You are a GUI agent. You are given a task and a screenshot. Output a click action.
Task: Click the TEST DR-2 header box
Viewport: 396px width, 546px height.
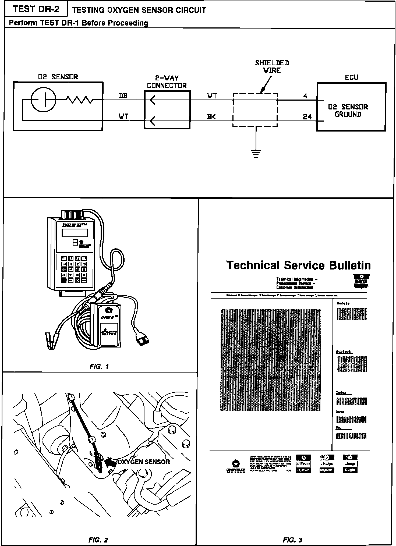tap(36, 9)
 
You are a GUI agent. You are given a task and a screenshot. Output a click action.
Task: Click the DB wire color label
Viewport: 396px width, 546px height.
tap(123, 96)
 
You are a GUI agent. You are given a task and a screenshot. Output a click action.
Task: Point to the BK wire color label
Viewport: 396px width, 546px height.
tap(211, 117)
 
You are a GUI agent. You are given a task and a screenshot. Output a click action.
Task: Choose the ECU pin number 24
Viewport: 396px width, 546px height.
tap(307, 117)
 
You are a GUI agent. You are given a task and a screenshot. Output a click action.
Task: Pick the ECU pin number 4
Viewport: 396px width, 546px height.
tap(305, 96)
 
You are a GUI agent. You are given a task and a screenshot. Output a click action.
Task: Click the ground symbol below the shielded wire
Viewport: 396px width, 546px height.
tap(256, 154)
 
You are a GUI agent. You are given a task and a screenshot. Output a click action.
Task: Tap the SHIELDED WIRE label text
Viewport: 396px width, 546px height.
tap(272, 67)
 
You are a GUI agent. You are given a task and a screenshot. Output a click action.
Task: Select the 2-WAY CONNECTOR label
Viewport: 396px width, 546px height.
tap(167, 82)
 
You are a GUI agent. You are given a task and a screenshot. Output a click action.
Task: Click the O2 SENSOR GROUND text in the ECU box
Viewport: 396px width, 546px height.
tap(348, 111)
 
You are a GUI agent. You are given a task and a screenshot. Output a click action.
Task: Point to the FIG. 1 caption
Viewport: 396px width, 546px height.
tap(99, 366)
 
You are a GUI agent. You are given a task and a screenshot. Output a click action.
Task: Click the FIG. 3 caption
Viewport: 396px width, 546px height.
tap(293, 540)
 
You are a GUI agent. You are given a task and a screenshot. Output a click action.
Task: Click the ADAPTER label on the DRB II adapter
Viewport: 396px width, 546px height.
tap(109, 334)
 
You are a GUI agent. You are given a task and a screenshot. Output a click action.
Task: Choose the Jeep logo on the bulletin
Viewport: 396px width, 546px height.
tap(350, 464)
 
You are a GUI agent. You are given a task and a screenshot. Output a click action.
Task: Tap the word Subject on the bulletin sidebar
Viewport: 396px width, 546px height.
tap(344, 352)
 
